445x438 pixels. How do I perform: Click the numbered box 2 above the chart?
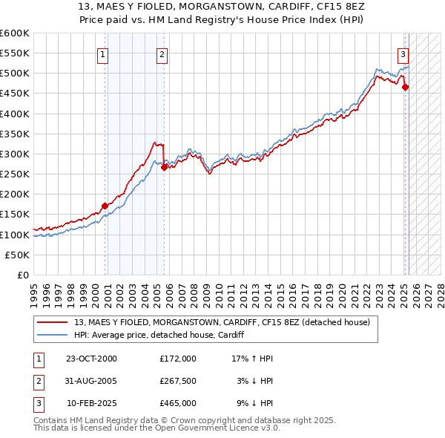point(162,53)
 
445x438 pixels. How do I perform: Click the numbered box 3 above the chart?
point(403,53)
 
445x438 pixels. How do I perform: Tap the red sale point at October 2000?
point(105,206)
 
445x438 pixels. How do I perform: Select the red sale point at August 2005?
point(165,167)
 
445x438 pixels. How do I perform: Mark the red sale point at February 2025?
point(406,88)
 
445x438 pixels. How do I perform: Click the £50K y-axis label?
point(18,255)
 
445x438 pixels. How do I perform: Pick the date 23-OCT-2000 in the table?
point(91,359)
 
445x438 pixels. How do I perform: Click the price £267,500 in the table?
point(178,381)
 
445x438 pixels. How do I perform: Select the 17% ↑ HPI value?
point(253,359)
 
